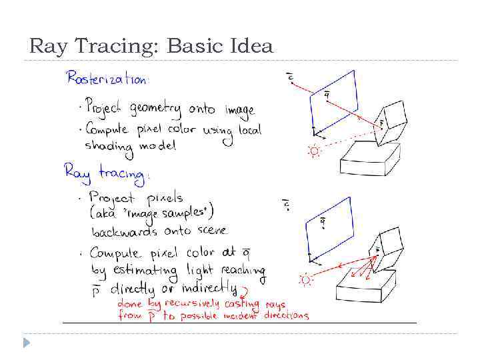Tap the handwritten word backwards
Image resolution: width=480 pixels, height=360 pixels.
[124, 231]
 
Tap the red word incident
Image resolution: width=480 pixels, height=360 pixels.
[241, 315]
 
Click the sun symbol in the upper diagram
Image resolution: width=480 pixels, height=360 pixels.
[313, 151]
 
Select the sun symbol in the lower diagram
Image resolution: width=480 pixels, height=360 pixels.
[306, 279]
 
